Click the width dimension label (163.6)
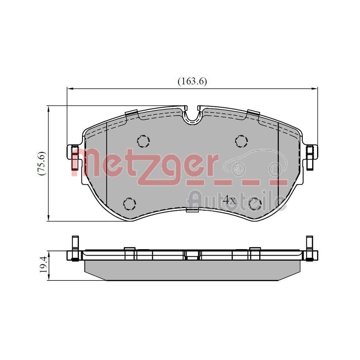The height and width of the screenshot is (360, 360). point(192,81)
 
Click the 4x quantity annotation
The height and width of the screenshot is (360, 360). point(229,200)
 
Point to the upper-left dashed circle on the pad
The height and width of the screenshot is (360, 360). point(143,140)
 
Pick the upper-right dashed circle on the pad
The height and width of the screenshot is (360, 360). point(240,140)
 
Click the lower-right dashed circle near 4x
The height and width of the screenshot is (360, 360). point(256,204)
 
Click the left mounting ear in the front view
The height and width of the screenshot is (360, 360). point(74,153)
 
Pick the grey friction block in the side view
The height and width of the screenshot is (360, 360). point(192,270)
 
